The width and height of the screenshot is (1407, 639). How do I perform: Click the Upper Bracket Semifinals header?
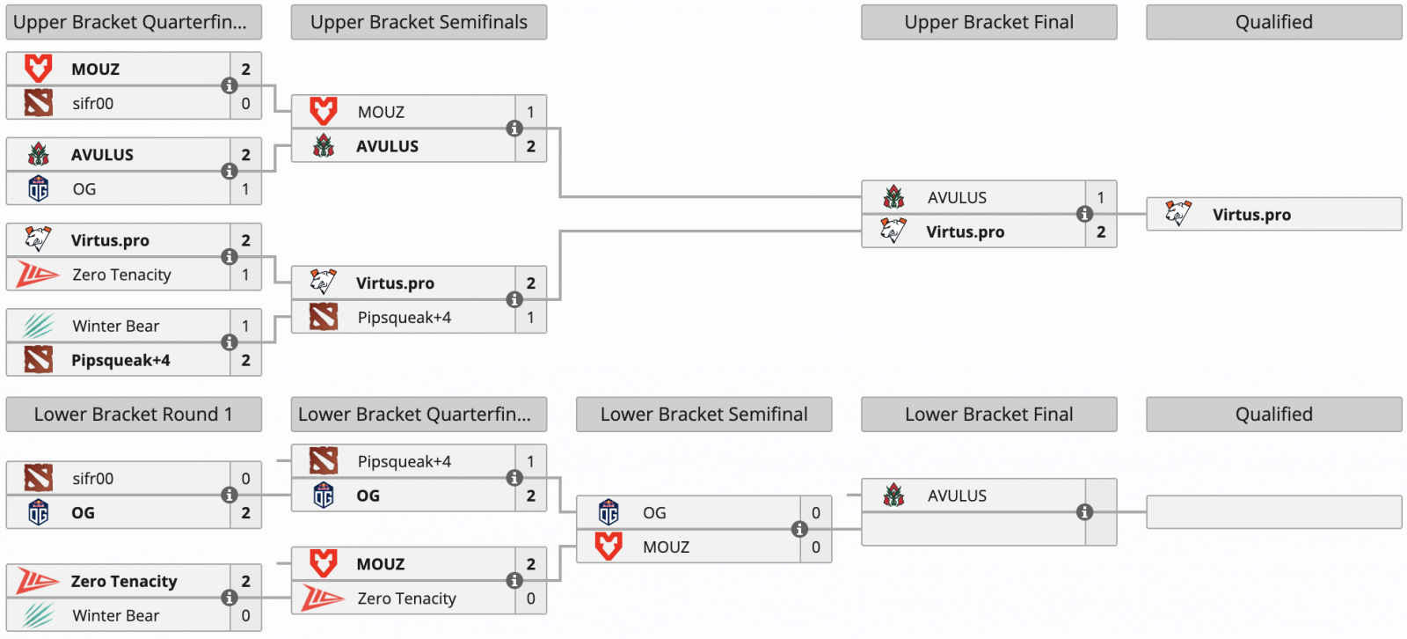[x=419, y=22]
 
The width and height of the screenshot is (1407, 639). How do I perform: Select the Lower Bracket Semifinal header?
[x=704, y=414]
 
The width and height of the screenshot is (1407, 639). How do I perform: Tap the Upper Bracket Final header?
[x=988, y=22]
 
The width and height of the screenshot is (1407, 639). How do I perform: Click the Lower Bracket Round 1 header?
[x=134, y=414]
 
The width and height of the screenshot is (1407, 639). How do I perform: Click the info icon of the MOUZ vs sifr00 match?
[x=230, y=85]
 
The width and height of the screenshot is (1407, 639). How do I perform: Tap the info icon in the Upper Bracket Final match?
[x=1084, y=214]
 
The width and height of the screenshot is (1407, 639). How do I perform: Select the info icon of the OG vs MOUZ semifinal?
[x=799, y=530]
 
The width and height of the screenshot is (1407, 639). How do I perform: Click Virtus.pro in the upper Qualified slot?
[x=1251, y=215]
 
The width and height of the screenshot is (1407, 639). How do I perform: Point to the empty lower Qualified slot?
[x=1274, y=512]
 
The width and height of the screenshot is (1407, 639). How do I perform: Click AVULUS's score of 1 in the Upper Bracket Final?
[x=1100, y=197]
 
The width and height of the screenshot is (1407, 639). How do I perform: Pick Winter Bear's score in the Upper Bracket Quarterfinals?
[x=245, y=326]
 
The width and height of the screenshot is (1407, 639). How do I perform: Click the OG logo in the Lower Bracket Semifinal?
[x=609, y=512]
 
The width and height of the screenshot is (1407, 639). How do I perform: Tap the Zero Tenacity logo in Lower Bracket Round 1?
[x=38, y=581]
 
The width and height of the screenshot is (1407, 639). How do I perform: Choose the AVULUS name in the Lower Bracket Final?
[x=957, y=496]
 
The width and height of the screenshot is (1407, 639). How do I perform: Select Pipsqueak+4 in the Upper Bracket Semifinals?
[x=404, y=318]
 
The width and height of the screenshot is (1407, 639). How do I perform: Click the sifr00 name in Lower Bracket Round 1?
[x=93, y=479]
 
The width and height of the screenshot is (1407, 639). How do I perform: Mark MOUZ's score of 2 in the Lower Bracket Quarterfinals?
[x=531, y=564]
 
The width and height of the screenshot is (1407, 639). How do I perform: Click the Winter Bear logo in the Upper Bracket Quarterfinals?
[x=39, y=326]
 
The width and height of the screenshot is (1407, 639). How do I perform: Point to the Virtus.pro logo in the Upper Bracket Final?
[x=893, y=231]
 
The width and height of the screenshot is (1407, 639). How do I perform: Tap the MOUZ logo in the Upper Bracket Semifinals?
[x=324, y=111]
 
